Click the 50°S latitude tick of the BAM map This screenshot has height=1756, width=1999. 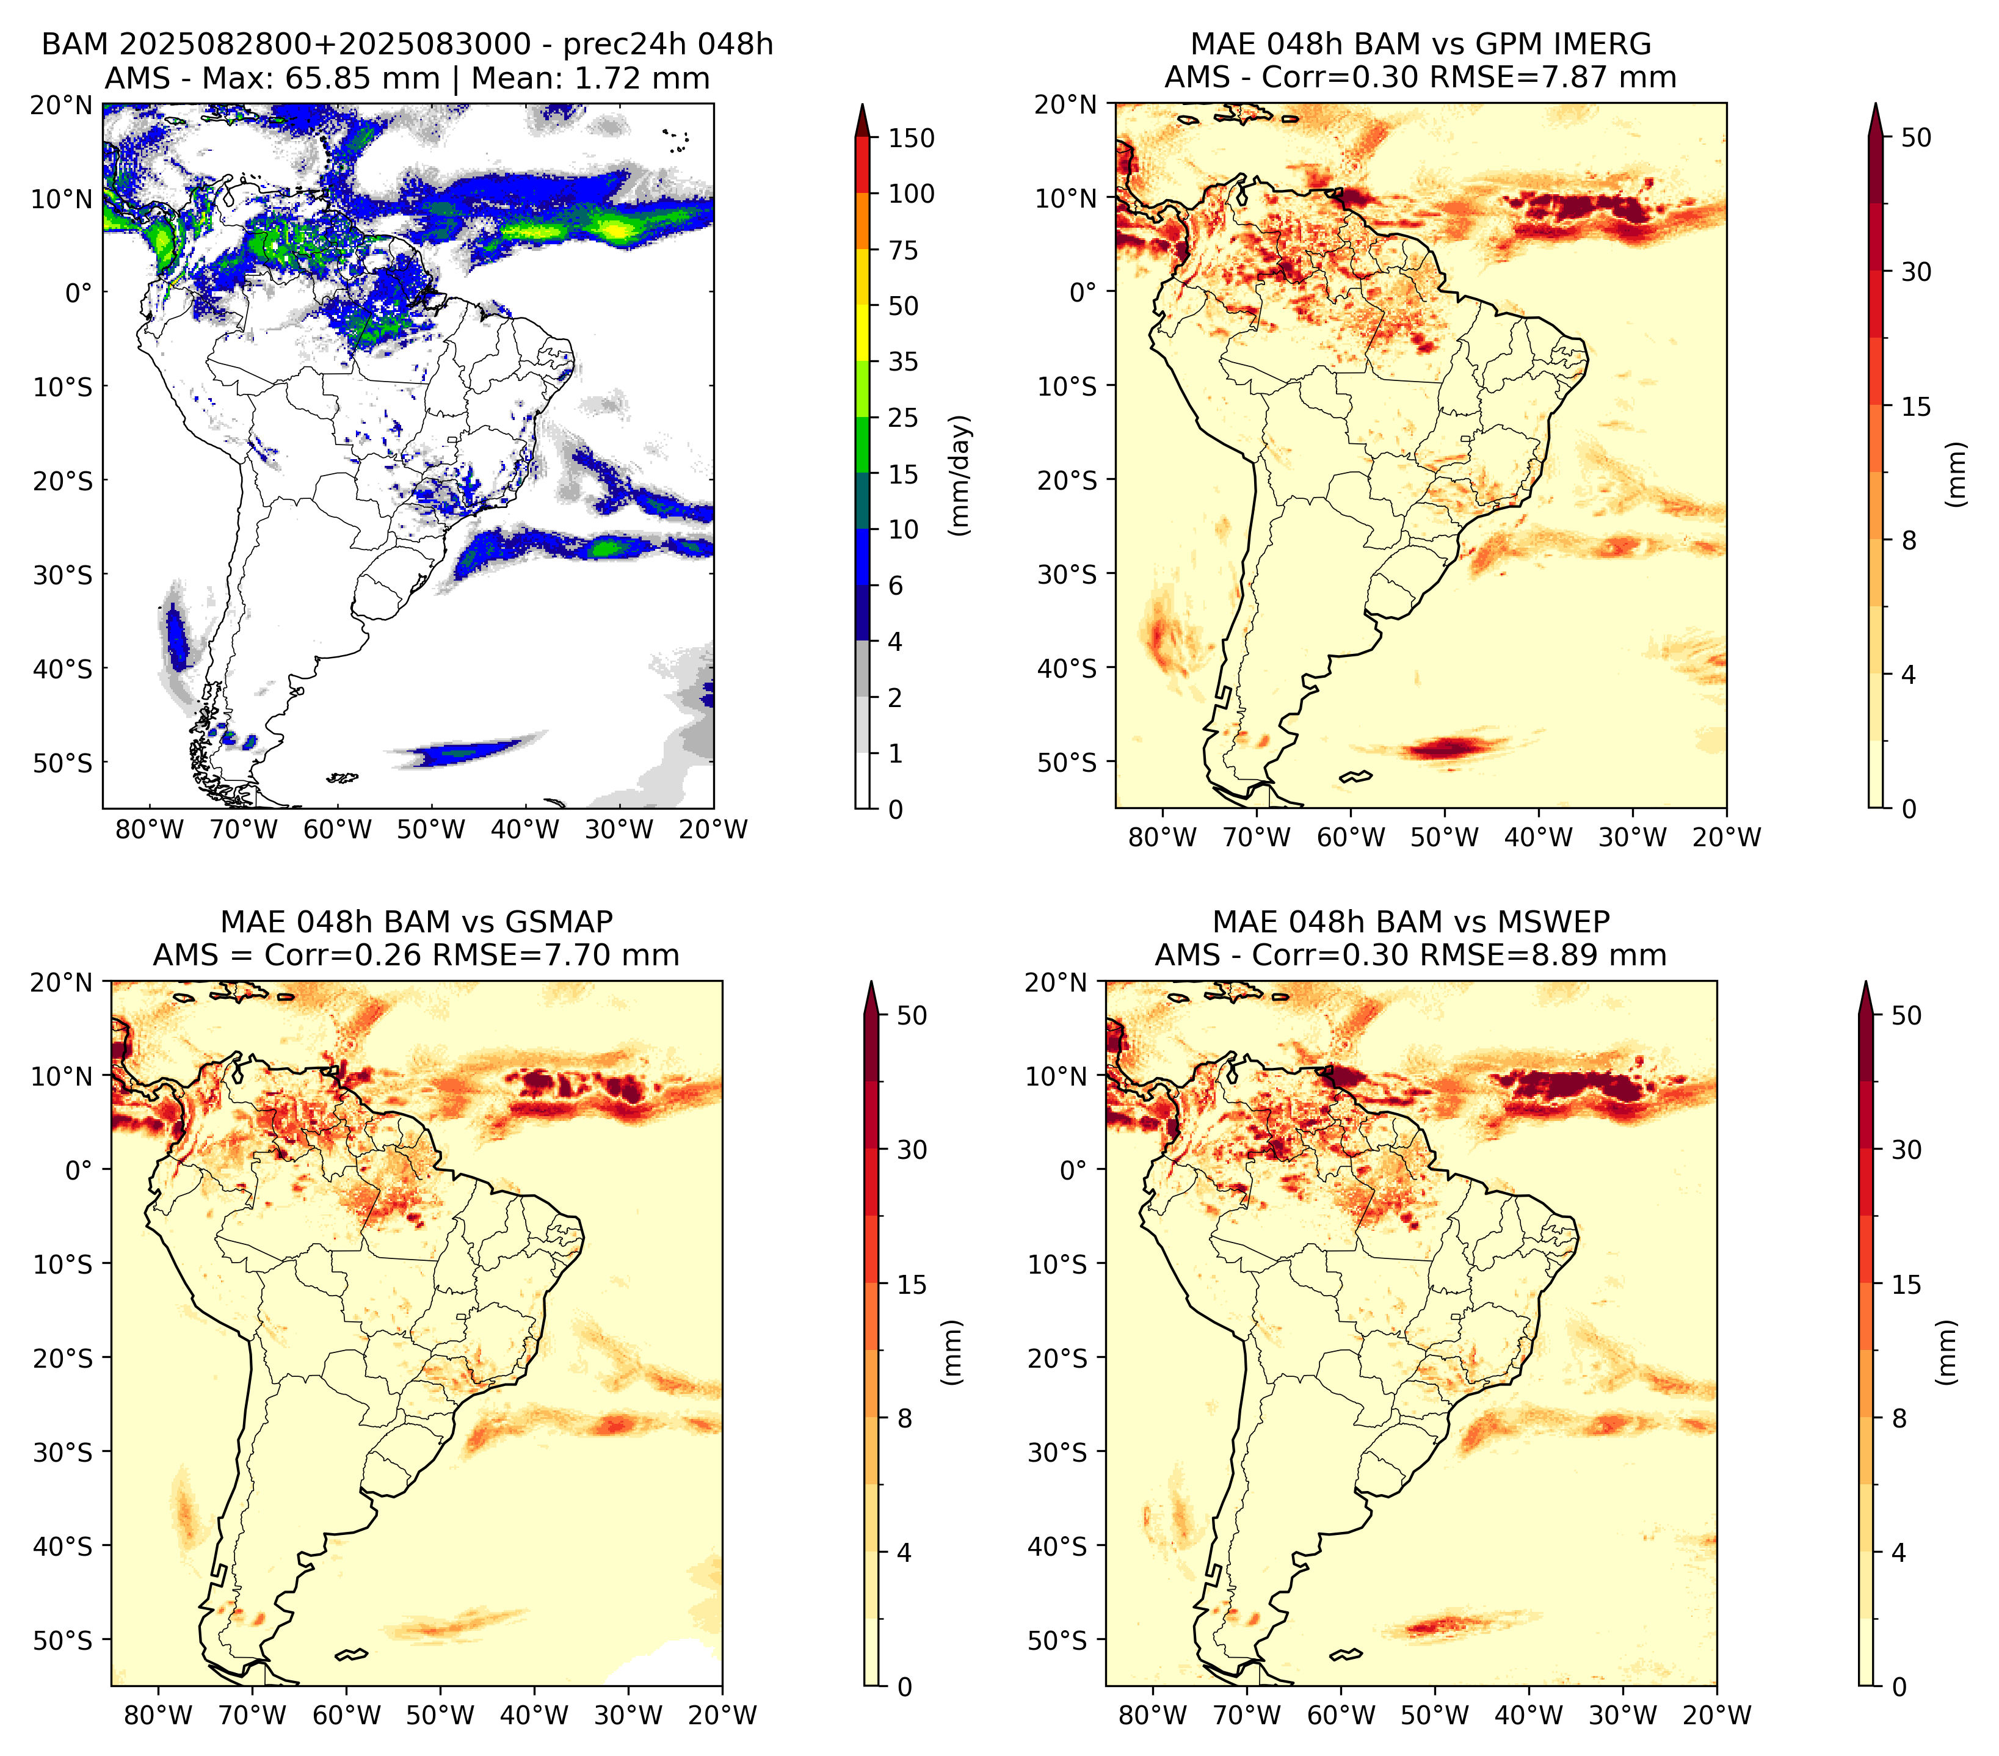click(x=63, y=763)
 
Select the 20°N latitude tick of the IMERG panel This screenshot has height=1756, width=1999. click(x=1067, y=104)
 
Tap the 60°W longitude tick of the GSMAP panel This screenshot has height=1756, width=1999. click(x=347, y=1715)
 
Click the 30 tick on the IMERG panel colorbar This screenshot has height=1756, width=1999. click(x=1916, y=272)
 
